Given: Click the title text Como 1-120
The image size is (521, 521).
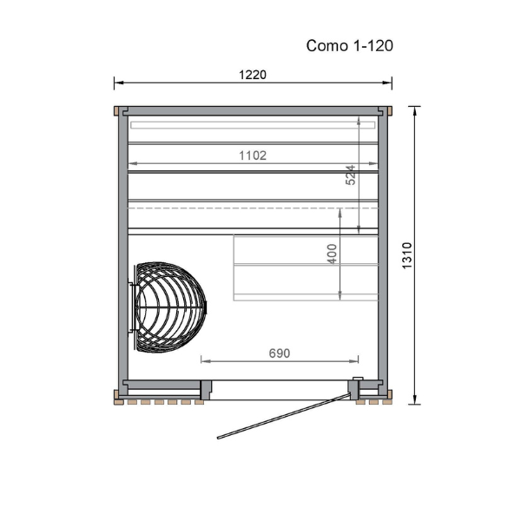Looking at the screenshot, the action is tap(350, 45).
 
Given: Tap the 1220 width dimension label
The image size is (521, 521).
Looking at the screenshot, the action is tap(253, 75).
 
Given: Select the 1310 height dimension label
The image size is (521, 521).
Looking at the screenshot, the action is tap(407, 256).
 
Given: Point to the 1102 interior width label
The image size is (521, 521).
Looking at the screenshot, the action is tap(253, 155).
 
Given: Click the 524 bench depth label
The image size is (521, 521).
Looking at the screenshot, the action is tap(351, 175).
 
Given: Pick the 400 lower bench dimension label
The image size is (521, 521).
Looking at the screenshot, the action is tap(332, 254).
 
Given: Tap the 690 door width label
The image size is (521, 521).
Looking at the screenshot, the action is tap(280, 353).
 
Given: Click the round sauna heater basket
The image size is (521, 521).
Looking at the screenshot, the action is tap(170, 307).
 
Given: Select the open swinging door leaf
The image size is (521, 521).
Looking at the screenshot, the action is tap(284, 416).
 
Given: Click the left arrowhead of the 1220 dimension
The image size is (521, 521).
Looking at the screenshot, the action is tap(119, 82).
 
